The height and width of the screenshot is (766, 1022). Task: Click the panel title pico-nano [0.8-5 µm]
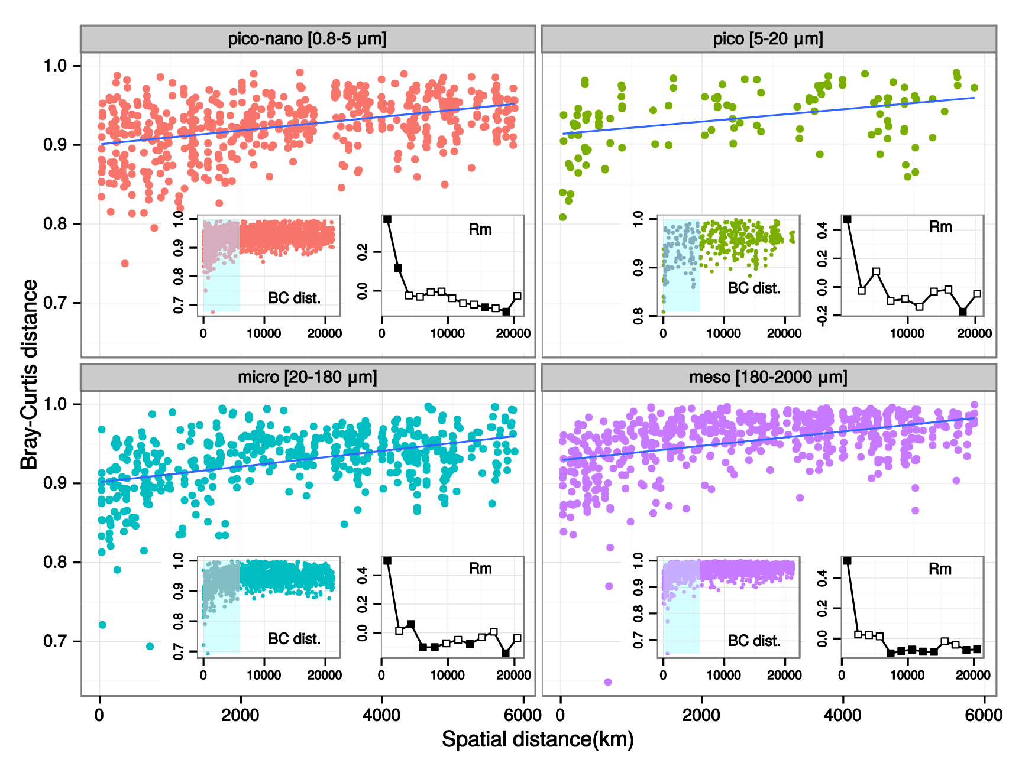(307, 39)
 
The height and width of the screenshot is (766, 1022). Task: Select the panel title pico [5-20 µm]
(768, 39)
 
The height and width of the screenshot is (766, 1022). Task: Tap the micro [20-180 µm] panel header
(307, 377)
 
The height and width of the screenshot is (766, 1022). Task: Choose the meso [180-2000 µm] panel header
(768, 377)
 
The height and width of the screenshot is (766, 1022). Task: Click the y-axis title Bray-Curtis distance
(30, 374)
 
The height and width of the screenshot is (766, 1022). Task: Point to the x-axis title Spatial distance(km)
(538, 739)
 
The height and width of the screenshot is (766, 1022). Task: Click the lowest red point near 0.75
(125, 263)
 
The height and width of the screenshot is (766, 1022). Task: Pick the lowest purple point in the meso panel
(608, 682)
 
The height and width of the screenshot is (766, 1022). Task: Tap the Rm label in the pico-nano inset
(480, 229)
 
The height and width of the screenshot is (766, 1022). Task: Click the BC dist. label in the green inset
(754, 288)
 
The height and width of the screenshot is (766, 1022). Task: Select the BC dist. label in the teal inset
(294, 639)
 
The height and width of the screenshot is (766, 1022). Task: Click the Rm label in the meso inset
(940, 569)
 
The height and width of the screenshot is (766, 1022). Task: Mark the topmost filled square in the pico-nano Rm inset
(387, 219)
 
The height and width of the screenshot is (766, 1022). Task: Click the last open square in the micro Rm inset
(518, 638)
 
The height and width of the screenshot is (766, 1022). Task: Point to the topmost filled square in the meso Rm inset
(848, 561)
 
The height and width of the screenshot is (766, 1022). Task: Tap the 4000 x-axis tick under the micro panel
(381, 715)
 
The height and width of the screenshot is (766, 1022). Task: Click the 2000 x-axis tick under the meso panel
(701, 715)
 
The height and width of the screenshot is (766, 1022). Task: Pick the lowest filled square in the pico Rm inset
(963, 311)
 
